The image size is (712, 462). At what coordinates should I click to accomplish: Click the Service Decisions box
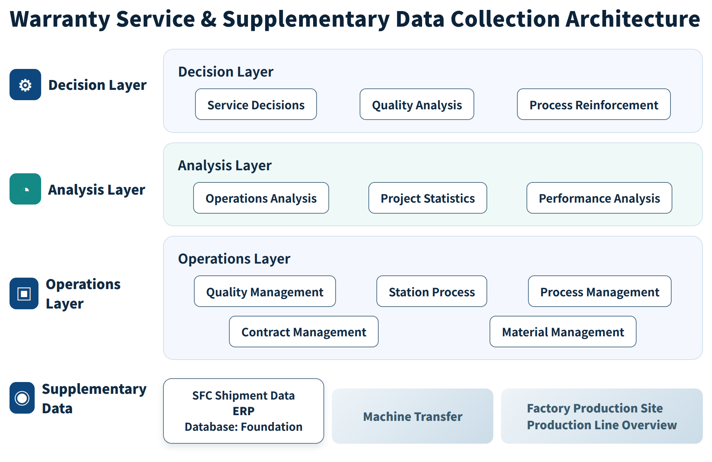pos(256,104)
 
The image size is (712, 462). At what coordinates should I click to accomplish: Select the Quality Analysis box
pos(417,104)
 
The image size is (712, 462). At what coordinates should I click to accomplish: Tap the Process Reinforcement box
pos(594,104)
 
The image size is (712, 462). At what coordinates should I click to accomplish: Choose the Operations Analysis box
pos(261,198)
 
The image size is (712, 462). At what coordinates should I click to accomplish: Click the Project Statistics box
pos(428,198)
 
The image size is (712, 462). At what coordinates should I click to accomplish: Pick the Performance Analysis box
pos(599,198)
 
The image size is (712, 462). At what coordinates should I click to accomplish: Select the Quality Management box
pos(265,291)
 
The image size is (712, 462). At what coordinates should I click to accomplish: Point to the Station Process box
pos(432,291)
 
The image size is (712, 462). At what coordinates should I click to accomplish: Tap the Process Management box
pos(600,291)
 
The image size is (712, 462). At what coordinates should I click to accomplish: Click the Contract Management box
pos(304,332)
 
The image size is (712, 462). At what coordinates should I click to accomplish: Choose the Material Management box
pos(563,332)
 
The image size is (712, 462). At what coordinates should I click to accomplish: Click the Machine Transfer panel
pos(413,416)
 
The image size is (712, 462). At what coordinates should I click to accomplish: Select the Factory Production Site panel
pos(602,416)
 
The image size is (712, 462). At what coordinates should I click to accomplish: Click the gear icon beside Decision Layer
pos(25,85)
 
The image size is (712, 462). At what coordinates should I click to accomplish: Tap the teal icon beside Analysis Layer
pos(25,189)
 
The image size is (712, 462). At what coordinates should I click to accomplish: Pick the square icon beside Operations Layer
pos(24,294)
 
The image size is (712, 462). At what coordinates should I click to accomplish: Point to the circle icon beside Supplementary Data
pos(22,398)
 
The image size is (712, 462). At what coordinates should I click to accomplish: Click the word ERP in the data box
pos(243,411)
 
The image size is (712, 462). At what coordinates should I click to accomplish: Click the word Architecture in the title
pos(632,19)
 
